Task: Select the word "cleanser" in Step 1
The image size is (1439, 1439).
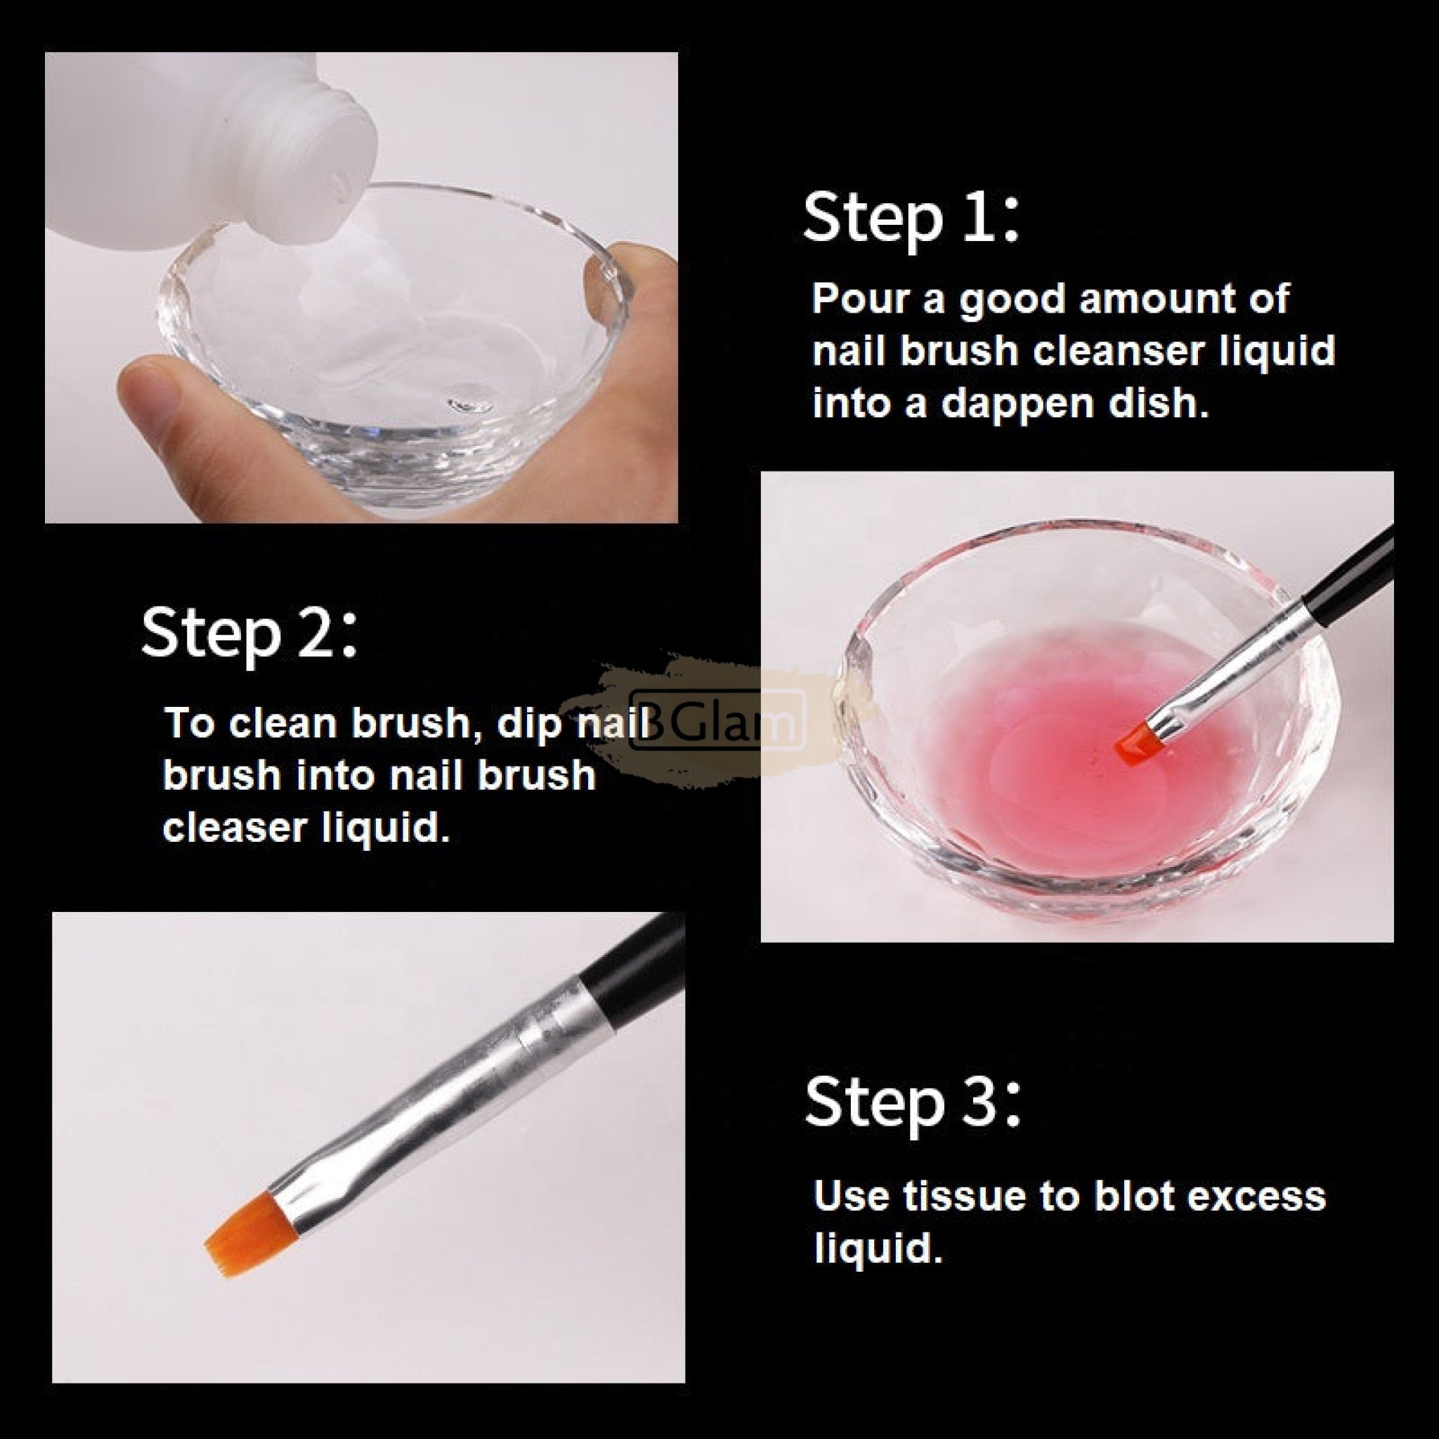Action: point(1118,350)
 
